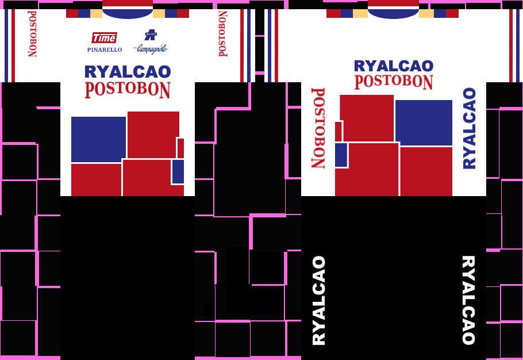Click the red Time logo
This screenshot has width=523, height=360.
(x=104, y=38)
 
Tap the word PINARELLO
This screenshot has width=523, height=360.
(x=104, y=50)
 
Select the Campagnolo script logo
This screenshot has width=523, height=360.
(x=151, y=49)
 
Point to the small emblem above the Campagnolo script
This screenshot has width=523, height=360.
(x=151, y=35)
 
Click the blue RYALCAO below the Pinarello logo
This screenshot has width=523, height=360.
(x=128, y=72)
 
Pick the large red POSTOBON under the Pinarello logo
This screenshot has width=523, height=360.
(x=128, y=90)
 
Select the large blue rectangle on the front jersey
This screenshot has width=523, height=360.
(x=98, y=139)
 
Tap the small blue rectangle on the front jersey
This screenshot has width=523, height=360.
(x=178, y=171)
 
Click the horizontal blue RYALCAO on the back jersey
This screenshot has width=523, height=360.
(x=394, y=66)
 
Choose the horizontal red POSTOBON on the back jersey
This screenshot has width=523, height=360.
(x=394, y=82)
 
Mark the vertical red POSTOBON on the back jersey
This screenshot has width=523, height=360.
(x=318, y=128)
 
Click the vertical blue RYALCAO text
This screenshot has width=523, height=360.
(x=470, y=128)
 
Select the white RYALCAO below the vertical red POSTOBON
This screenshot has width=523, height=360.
(x=319, y=300)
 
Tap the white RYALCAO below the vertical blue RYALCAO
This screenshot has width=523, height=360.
(x=469, y=300)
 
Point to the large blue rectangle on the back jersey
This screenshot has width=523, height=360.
(x=424, y=122)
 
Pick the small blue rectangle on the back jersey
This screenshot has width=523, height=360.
(x=341, y=155)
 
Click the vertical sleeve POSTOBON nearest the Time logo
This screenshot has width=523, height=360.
(x=32, y=33)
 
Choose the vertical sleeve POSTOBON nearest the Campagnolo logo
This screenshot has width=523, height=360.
(x=222, y=33)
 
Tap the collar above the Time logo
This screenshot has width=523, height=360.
(x=128, y=9)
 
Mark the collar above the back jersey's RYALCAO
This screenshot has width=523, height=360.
(x=394, y=9)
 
